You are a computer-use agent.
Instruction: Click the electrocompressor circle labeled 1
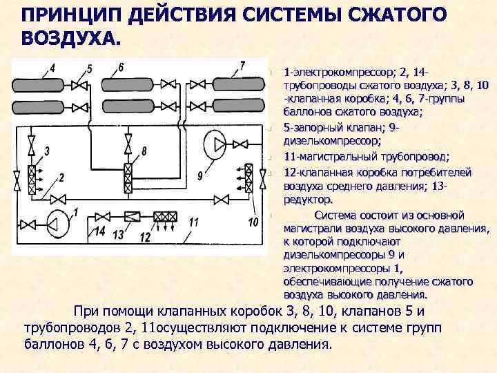[x=58, y=222]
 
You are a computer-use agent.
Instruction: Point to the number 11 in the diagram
[x=194, y=222]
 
